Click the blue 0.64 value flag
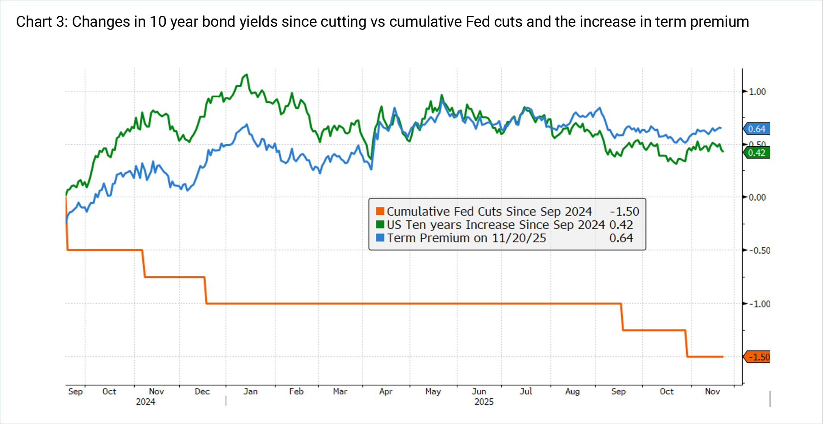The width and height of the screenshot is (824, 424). coord(757,129)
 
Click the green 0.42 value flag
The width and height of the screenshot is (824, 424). coord(757,153)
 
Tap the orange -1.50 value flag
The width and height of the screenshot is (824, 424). coord(758,357)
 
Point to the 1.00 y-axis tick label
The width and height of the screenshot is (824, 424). coord(757,92)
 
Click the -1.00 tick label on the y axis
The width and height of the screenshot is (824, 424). coord(759,304)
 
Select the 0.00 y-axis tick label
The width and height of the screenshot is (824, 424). coord(757,197)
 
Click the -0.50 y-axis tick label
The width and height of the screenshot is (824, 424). coord(759,251)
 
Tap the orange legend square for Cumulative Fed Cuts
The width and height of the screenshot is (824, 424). coord(380,211)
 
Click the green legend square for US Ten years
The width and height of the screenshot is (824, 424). coord(380,224)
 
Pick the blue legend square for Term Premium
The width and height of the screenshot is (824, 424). coord(380,238)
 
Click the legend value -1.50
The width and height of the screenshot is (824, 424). coord(624,211)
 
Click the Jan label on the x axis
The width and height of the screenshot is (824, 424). coord(250,392)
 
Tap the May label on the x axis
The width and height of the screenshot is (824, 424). coord(433,392)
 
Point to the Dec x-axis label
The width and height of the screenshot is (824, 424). coord(202,392)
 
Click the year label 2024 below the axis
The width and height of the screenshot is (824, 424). coord(145,402)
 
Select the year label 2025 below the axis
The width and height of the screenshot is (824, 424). coord(484,402)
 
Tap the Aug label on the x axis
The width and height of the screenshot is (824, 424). coord(572,392)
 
